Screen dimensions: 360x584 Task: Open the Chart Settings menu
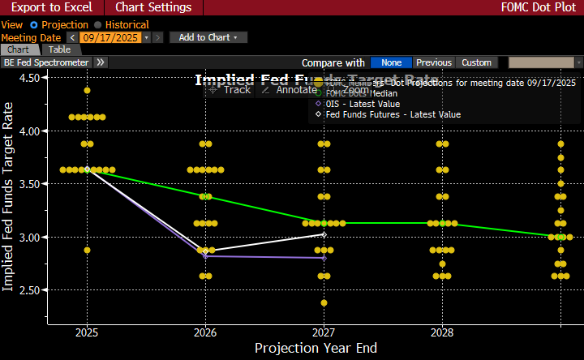point(153,7)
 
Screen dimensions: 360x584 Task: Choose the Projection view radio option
point(60,25)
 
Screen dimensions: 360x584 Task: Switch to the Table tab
point(59,49)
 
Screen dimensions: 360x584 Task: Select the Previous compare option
point(434,62)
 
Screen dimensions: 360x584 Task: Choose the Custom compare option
point(476,62)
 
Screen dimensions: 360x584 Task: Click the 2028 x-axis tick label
point(442,332)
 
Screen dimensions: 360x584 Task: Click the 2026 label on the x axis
point(205,332)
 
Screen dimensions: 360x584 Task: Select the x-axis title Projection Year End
point(316,349)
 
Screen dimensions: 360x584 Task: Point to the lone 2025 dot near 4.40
point(87,90)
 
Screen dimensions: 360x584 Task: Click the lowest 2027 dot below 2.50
point(324,302)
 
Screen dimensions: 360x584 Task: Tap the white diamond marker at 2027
point(324,234)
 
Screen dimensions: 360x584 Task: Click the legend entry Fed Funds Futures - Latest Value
point(393,114)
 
